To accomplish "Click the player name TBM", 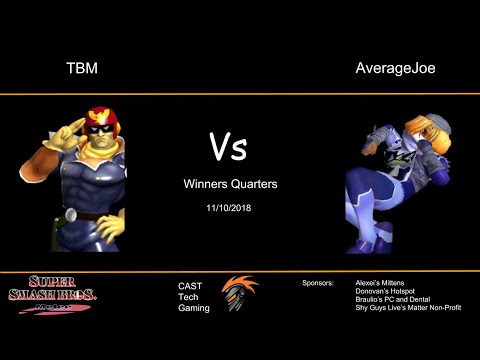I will tap(81, 69).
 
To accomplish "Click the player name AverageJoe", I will tap(396, 69).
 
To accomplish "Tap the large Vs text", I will tap(229, 148).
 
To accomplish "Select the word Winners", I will tap(205, 184).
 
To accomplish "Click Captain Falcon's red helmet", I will tap(100, 117).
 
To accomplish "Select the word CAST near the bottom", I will tap(190, 286).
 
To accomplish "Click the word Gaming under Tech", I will tap(194, 308).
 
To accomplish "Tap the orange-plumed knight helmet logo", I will tap(239, 296).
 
